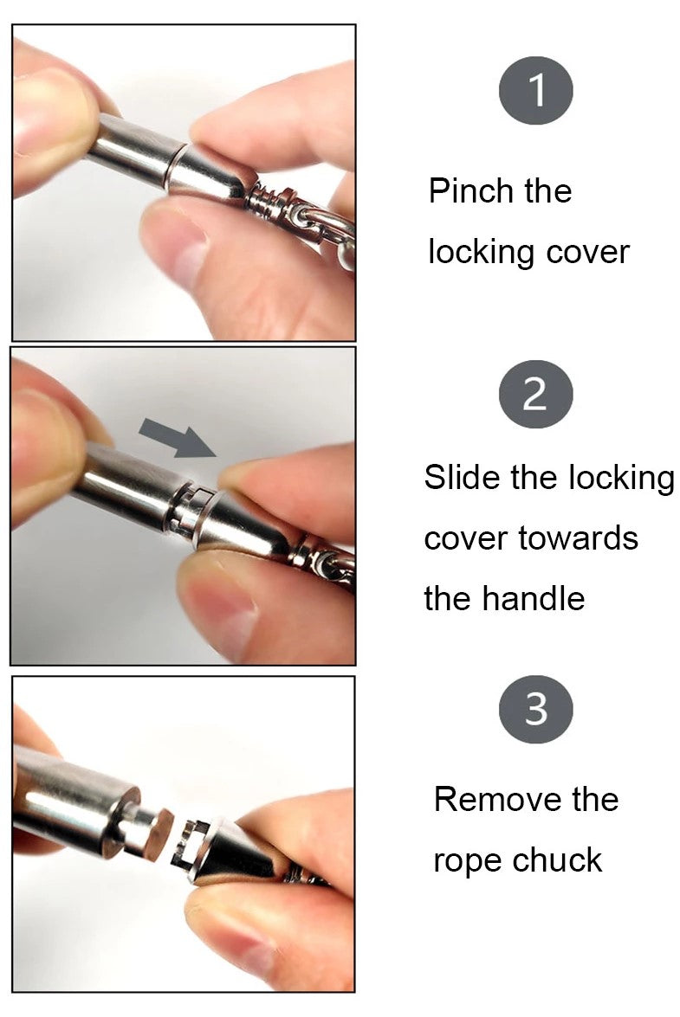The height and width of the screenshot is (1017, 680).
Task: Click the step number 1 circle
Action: (x=535, y=90)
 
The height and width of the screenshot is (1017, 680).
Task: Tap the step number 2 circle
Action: (x=535, y=394)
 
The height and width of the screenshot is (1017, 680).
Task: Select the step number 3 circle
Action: (x=535, y=709)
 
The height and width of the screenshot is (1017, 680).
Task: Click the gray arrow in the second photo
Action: (x=177, y=438)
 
